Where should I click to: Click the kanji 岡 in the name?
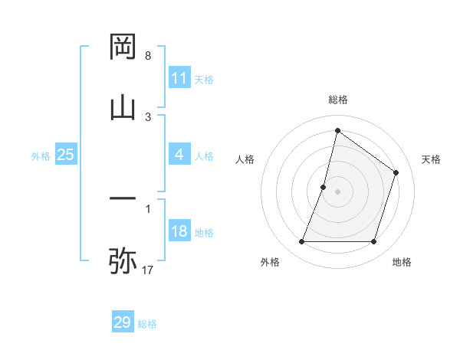tap(123, 47)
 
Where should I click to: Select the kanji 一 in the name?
tap(123, 198)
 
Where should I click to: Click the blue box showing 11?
tap(179, 78)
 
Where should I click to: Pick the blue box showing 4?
tap(179, 155)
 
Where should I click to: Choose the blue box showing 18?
tap(179, 231)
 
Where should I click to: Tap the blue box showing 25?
tap(66, 155)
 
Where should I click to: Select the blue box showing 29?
tap(123, 322)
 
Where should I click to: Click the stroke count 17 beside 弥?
tap(149, 270)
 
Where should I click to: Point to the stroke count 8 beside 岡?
tap(148, 56)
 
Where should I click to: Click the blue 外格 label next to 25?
tap(41, 156)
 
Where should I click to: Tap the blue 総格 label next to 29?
tap(147, 324)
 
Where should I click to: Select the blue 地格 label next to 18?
tap(204, 233)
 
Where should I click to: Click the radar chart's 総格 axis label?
tap(338, 100)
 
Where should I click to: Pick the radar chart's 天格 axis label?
tap(432, 159)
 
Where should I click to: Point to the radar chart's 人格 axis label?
tap(245, 159)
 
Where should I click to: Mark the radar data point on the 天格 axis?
tap(396, 172)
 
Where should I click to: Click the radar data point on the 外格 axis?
tap(301, 242)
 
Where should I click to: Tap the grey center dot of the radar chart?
tap(338, 191)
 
